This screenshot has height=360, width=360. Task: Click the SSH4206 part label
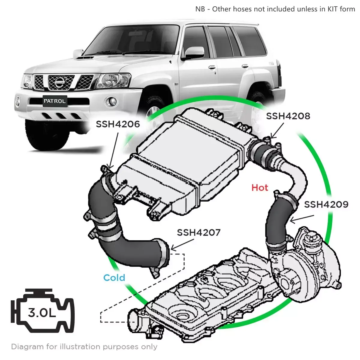pyautogui.click(x=118, y=124)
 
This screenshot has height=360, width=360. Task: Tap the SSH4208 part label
pyautogui.click(x=288, y=116)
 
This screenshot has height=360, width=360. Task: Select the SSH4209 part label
pyautogui.click(x=326, y=205)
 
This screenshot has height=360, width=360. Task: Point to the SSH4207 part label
pyautogui.click(x=199, y=232)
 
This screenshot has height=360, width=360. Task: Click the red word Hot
pyautogui.click(x=259, y=188)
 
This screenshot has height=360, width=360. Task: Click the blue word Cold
pyautogui.click(x=114, y=278)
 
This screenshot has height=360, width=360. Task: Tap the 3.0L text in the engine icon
pyautogui.click(x=42, y=313)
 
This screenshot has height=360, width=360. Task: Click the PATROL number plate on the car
pyautogui.click(x=54, y=101)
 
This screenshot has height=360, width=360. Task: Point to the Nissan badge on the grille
pyautogui.click(x=59, y=82)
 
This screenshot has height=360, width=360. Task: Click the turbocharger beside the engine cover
pyautogui.click(x=303, y=264)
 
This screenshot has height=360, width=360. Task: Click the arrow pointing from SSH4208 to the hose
pyautogui.click(x=277, y=131)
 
